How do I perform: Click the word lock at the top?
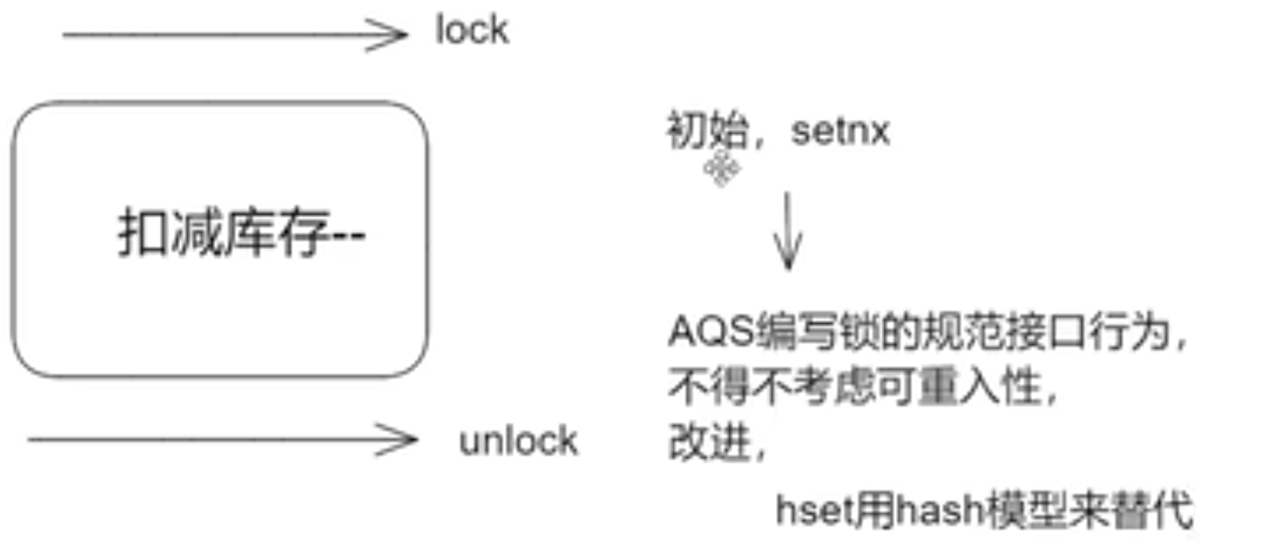click(x=472, y=31)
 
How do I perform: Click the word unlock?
click(x=518, y=441)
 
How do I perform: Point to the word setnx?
click(x=840, y=131)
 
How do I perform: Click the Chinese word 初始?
click(x=707, y=130)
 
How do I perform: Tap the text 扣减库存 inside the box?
click(x=224, y=233)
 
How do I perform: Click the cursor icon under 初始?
click(x=721, y=169)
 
